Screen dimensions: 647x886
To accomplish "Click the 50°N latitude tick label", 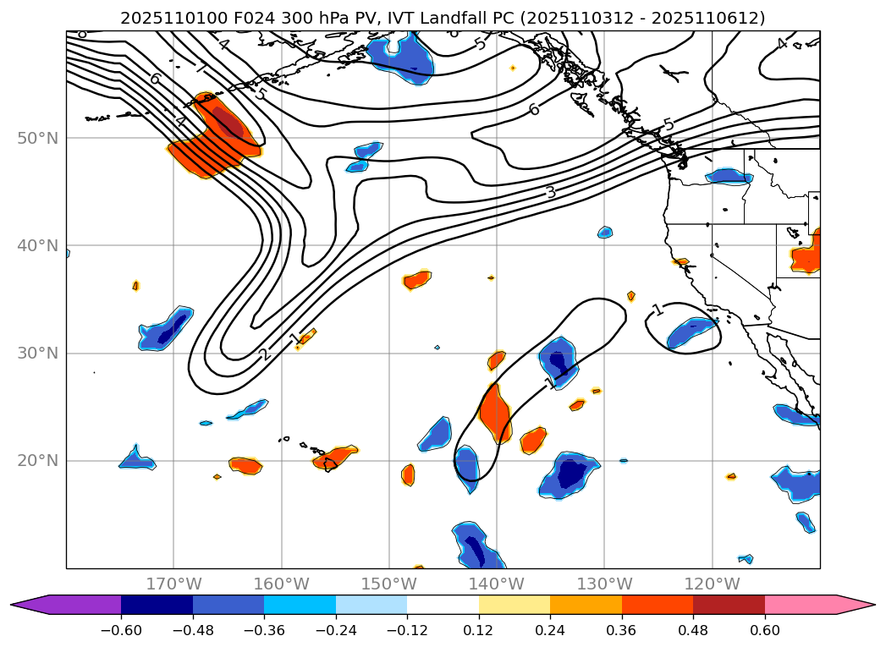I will (38, 138).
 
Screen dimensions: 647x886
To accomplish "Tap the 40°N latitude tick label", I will (38, 245).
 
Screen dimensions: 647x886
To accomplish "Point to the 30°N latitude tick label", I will (38, 353).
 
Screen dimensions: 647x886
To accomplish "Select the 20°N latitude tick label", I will (38, 461).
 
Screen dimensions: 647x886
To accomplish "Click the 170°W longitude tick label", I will (174, 584).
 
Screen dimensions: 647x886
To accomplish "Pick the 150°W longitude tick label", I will (389, 584).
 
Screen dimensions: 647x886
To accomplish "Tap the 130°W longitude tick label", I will (604, 584).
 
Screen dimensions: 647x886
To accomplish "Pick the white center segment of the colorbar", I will (443, 604).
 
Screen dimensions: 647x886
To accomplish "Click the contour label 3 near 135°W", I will (551, 192).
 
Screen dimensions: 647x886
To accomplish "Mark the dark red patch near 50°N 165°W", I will (227, 122).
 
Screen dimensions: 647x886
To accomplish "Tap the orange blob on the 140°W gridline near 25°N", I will (494, 411).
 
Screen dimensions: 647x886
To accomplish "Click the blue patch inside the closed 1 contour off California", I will (691, 335).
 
